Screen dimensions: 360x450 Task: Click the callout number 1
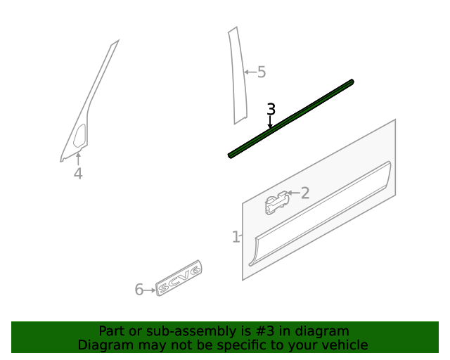(236, 238)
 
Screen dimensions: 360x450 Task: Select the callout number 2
(305, 193)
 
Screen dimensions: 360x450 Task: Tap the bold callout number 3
(271, 109)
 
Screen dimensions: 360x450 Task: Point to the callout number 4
(78, 174)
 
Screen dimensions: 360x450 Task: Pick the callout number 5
(262, 72)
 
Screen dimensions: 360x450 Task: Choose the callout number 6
(139, 290)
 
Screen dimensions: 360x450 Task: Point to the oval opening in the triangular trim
(79, 136)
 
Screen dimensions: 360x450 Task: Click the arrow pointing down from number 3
(271, 123)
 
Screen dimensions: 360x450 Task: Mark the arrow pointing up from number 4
(78, 158)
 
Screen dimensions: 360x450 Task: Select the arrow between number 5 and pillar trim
(250, 72)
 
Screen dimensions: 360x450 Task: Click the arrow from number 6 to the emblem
(150, 290)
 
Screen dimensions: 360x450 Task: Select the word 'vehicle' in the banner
(345, 345)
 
